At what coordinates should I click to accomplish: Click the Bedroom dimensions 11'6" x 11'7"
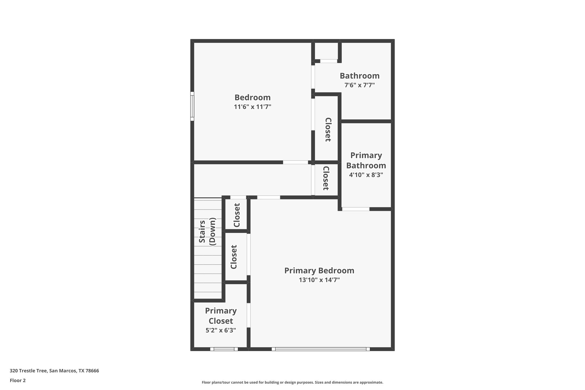tap(252, 107)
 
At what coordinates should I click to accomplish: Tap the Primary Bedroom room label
tap(319, 270)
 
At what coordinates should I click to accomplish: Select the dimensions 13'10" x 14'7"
tap(319, 280)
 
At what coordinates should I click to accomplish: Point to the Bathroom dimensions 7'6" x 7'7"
tap(360, 85)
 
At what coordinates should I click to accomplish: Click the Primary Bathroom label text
tap(366, 160)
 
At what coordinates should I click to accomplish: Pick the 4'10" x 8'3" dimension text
tap(366, 175)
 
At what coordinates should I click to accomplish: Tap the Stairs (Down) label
tap(207, 232)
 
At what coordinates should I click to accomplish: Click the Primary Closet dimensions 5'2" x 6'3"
tap(221, 330)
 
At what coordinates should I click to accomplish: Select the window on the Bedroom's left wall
tap(192, 106)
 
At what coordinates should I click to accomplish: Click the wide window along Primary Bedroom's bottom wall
tap(321, 349)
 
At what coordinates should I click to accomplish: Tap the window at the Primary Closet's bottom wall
tap(224, 349)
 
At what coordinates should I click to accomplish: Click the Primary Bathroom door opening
tap(356, 209)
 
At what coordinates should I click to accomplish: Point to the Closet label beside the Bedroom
tap(328, 130)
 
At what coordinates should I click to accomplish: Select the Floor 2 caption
tap(18, 380)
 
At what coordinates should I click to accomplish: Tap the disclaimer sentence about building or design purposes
tap(292, 382)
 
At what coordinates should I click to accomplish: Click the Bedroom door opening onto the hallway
tap(295, 162)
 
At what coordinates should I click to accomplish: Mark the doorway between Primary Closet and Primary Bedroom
tap(249, 315)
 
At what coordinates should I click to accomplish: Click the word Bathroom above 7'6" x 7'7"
tap(360, 76)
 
